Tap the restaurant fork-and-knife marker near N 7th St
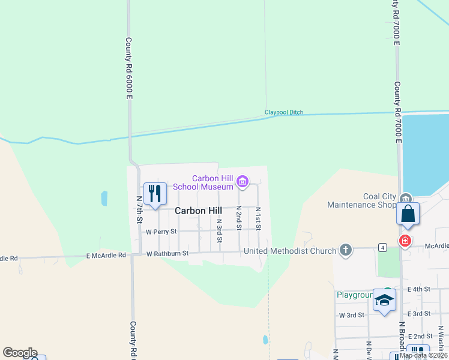click(155, 193)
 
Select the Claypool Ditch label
click(284, 112)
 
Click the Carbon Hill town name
click(198, 211)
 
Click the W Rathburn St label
click(167, 254)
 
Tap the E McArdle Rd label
click(106, 255)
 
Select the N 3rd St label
click(220, 231)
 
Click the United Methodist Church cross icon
click(345, 250)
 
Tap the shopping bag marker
click(408, 214)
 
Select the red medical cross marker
click(405, 241)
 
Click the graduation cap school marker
click(384, 299)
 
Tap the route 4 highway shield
click(382, 247)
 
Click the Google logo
click(20, 353)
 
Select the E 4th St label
click(418, 289)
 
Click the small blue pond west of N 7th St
click(104, 197)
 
